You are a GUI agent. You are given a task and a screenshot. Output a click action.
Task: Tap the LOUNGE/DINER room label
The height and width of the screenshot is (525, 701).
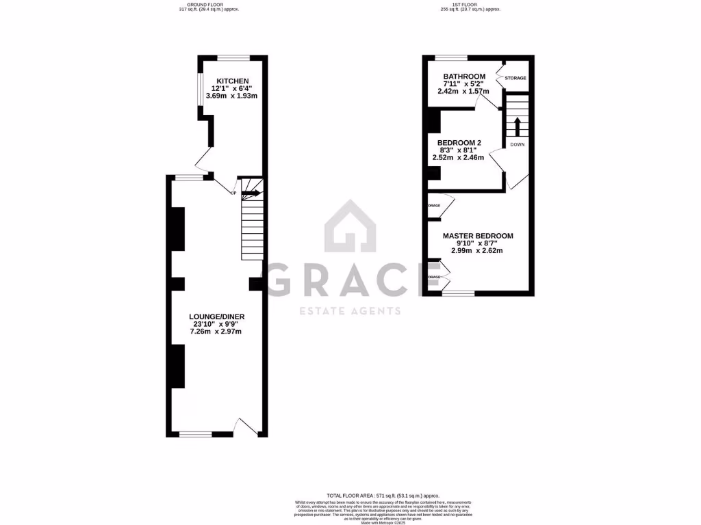[217, 317]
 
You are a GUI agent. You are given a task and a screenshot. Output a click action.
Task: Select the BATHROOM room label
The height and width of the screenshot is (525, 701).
[464, 77]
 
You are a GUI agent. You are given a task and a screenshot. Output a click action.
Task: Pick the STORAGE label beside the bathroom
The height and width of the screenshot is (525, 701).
[515, 78]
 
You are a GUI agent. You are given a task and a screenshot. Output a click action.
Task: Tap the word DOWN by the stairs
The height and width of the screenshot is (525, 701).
[517, 144]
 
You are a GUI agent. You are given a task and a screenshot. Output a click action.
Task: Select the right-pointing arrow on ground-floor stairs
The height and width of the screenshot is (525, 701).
[251, 193]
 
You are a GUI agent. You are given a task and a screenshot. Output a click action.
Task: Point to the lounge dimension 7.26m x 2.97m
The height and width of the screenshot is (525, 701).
[216, 332]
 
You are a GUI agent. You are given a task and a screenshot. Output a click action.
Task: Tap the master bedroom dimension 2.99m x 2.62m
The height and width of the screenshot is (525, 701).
[477, 250]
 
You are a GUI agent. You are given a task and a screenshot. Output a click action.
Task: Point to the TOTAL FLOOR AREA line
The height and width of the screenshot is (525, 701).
[383, 495]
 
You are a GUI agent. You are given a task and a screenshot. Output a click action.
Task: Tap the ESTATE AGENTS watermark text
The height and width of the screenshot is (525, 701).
[350, 312]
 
